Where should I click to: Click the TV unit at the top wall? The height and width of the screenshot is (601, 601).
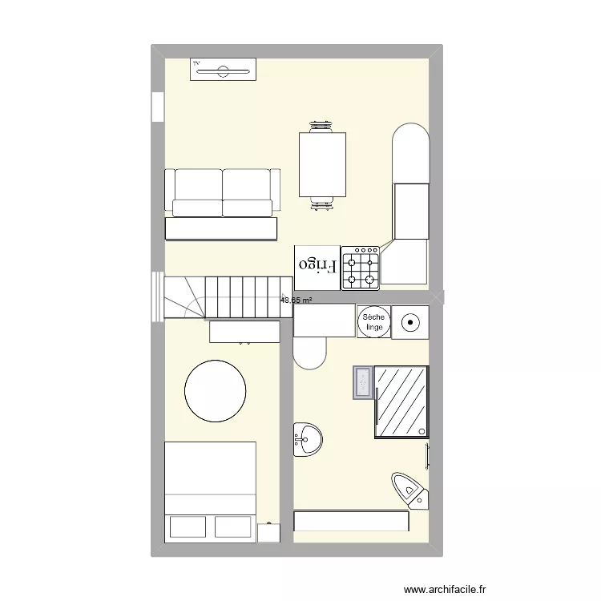tap(223, 70)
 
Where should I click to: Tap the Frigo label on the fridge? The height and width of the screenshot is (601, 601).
tap(317, 264)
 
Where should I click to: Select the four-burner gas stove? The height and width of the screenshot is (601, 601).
tap(361, 268)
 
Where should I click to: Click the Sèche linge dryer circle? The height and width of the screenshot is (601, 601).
tap(373, 322)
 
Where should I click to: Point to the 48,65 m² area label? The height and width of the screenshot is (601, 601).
tap(296, 300)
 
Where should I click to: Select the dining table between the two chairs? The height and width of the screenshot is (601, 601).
tap(323, 165)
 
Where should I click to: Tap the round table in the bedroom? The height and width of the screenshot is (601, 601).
tap(216, 390)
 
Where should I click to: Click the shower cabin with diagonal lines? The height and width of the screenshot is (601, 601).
tap(401, 401)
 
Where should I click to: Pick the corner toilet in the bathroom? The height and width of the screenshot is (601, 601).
tap(409, 490)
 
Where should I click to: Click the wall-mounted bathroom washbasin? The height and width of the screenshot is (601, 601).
tap(306, 439)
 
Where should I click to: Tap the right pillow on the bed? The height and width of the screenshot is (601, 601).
tap(232, 526)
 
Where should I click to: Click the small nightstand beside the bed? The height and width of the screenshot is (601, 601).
tap(268, 533)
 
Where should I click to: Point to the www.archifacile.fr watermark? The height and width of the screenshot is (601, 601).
tap(446, 589)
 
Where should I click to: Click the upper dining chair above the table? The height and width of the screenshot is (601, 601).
tap(322, 126)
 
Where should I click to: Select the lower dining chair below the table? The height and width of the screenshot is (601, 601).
tap(322, 205)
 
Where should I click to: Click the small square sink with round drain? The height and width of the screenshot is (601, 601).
tap(409, 323)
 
